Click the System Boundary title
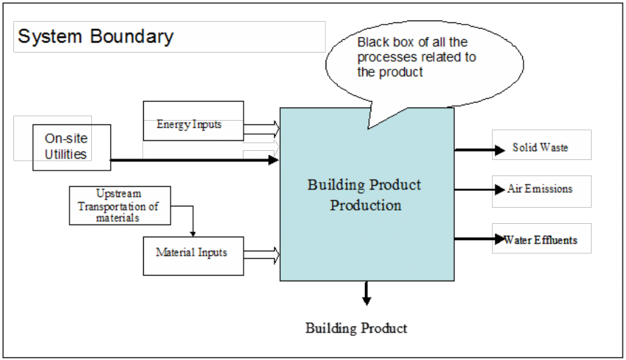pos(95,36)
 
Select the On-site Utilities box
pos(71,147)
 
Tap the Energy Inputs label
pos(189,124)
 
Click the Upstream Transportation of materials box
pos(119,206)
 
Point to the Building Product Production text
pos(365,195)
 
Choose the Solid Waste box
pos(540,148)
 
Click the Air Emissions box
pos(540,189)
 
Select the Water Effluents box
pos(540,239)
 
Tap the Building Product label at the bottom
pos(357,328)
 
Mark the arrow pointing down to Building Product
pos(366,293)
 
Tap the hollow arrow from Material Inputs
pos(262,255)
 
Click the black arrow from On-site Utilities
pos(194,161)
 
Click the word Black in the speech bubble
pos(372,44)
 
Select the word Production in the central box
pos(366,206)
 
